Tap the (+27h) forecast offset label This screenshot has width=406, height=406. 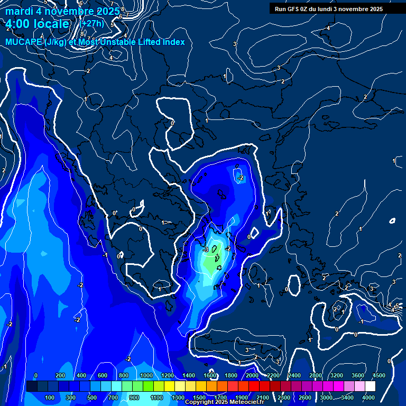[91, 23]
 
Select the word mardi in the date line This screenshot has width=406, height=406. [19, 11]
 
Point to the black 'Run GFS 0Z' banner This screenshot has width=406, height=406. [328, 8]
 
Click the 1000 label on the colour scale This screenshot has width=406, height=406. [145, 375]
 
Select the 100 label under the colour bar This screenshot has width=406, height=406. [50, 398]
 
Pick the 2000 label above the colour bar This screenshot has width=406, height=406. [252, 375]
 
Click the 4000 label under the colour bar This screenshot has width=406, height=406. [368, 398]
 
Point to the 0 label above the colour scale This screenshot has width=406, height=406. [36, 375]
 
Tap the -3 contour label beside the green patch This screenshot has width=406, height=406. [206, 250]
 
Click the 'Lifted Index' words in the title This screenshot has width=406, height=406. [158, 42]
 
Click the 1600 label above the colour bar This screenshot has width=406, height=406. [209, 375]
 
